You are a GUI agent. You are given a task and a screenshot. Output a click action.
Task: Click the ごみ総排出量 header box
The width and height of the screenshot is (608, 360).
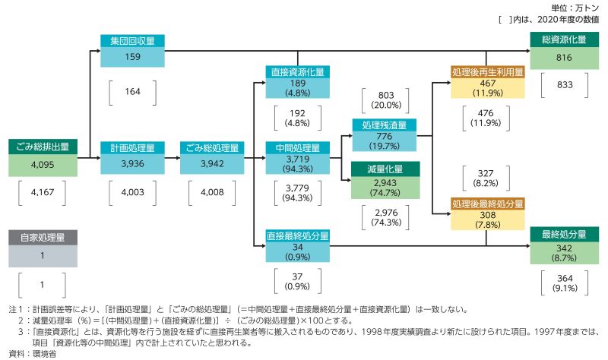(x=43, y=147)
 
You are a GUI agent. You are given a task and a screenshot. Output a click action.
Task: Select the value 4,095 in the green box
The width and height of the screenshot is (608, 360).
(x=43, y=165)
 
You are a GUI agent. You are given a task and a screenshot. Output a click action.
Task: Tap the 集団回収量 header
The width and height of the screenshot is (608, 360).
(x=132, y=41)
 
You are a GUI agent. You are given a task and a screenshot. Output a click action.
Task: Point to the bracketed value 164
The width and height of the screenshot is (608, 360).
(x=132, y=91)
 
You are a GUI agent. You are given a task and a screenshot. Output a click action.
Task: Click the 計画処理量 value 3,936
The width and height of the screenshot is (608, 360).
(x=132, y=163)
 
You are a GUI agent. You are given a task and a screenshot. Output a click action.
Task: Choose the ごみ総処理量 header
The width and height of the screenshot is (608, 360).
(x=212, y=147)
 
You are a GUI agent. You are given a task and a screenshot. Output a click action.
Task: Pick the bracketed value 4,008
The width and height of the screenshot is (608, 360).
(x=212, y=192)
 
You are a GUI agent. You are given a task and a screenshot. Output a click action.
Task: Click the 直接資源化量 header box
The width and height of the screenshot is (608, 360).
(x=298, y=71)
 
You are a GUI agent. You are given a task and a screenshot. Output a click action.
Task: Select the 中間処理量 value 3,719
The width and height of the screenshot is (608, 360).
(x=298, y=159)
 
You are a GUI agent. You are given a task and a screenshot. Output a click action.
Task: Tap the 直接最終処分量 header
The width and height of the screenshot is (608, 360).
(x=298, y=235)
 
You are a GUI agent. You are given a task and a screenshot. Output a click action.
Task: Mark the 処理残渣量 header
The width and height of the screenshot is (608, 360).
(x=385, y=125)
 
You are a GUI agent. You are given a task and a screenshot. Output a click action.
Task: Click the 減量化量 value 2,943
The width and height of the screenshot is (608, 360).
(x=385, y=183)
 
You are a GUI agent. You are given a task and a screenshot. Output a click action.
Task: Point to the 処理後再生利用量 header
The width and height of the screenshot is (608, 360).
(x=488, y=71)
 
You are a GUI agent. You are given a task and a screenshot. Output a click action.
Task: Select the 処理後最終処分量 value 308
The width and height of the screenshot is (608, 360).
(x=488, y=215)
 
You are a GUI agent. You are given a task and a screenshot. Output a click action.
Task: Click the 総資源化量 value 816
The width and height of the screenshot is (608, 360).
(x=564, y=58)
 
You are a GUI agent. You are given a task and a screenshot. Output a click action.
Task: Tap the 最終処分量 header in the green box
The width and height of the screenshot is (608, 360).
(x=564, y=235)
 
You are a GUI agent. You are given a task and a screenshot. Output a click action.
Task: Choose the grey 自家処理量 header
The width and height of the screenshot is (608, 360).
(x=43, y=238)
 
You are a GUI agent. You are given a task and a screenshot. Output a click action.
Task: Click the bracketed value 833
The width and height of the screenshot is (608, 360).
(x=565, y=85)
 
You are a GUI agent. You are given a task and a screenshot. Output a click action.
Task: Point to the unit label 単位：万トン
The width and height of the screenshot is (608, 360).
(x=575, y=8)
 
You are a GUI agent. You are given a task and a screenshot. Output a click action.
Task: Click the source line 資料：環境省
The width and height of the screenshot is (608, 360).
(x=32, y=354)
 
